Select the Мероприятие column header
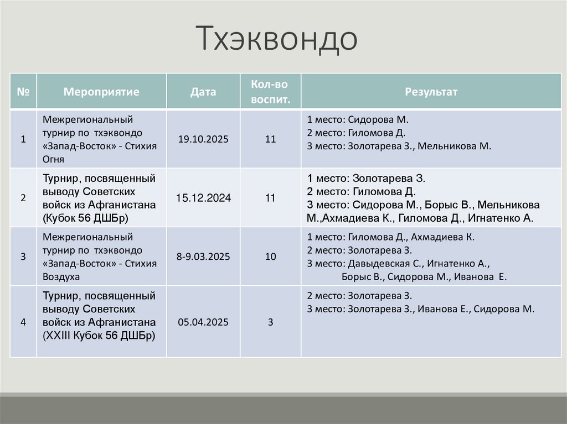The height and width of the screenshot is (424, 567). coord(101,91)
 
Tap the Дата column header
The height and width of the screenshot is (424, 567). coord(203,91)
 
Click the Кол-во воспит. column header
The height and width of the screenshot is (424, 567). coord(270,92)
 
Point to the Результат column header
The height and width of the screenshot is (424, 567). coord(431,91)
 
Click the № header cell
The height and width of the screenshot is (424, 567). coord(23,91)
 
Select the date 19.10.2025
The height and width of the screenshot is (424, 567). coord(203,139)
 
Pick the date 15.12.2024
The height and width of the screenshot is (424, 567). coord(203,197)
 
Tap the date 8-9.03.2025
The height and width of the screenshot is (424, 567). coord(203,257)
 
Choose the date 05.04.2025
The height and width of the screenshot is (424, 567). coord(203,321)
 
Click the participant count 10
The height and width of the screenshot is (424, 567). coord(270,257)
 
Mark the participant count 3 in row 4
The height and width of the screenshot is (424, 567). coord(270,321)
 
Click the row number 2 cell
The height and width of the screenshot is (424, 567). coord(23,197)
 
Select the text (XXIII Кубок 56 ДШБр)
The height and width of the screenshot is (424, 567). coord(99,335)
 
